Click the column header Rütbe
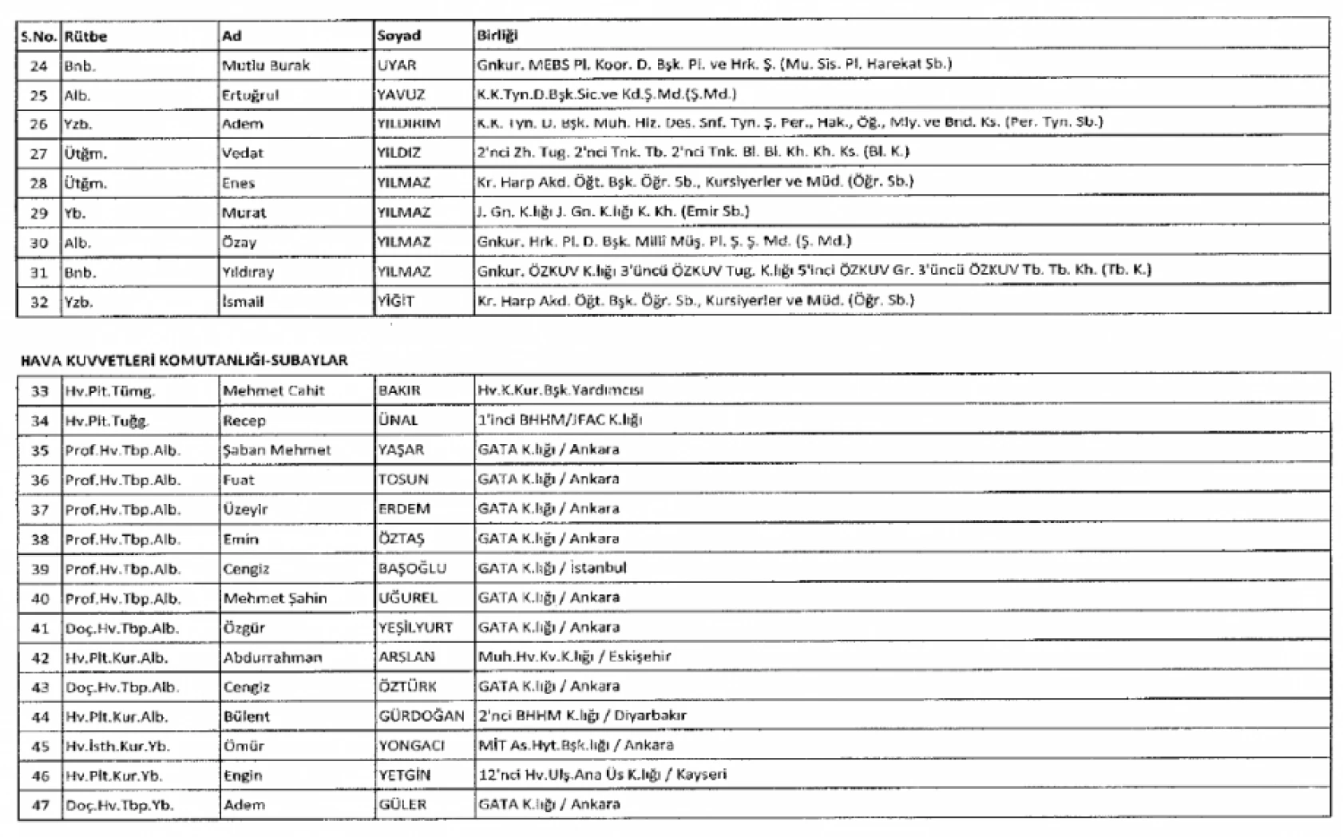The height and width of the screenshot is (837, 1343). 85,36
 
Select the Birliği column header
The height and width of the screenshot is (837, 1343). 497,35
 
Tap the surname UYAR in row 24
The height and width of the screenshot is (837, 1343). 397,65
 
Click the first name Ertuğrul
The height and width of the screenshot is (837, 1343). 250,95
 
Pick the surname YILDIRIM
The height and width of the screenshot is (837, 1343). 408,124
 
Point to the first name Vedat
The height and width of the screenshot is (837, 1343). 242,153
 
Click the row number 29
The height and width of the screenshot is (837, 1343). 38,213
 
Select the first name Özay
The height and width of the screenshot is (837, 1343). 239,243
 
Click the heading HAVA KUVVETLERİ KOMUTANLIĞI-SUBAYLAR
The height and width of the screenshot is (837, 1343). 184,360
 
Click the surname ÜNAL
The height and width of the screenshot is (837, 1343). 398,420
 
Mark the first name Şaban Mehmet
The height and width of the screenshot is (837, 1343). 276,450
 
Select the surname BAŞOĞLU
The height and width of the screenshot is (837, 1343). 412,569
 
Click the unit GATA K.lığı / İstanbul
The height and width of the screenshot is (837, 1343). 552,569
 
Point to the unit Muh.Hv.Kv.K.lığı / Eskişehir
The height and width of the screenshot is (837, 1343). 574,657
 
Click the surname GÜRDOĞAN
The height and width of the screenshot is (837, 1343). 421,716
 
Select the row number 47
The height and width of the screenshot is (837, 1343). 40,806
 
